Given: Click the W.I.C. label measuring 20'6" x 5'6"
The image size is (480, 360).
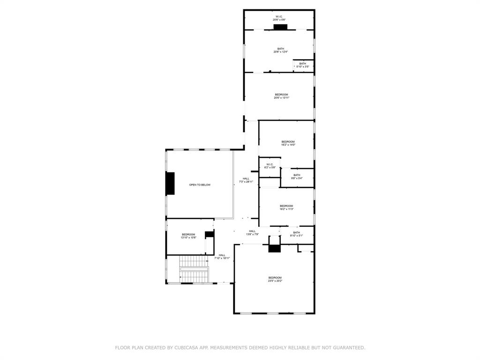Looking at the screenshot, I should [x=279, y=18].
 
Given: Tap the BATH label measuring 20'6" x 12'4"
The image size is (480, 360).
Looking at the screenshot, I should [x=280, y=50].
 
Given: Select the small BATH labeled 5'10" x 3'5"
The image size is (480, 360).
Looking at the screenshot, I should [x=302, y=65].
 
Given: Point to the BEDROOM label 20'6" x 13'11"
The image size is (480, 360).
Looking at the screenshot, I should [x=281, y=96].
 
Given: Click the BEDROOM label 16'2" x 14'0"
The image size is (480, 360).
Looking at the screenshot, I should [x=288, y=143].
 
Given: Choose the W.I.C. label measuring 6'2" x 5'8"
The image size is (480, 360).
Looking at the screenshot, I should [x=269, y=165].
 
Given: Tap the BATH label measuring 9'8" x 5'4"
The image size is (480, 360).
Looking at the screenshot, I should [x=297, y=177].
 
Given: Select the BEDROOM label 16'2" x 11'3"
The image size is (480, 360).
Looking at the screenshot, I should [x=286, y=208].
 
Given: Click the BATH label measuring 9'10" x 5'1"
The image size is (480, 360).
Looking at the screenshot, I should [x=296, y=234].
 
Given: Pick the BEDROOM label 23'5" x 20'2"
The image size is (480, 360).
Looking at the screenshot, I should [x=275, y=279].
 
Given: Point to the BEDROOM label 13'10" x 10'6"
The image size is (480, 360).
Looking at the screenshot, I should [x=188, y=236].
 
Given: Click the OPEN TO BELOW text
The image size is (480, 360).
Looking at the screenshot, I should [x=200, y=185].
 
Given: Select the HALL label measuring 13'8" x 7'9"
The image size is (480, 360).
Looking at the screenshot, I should [x=252, y=232].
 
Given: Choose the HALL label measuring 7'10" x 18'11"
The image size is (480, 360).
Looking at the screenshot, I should [x=222, y=256].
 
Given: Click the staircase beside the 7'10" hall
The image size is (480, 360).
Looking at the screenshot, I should [x=193, y=270].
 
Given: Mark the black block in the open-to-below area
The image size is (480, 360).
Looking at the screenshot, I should [x=170, y=183].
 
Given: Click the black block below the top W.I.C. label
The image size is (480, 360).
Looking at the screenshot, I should [x=280, y=27].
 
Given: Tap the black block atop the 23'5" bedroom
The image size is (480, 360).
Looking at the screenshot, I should [x=274, y=249].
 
